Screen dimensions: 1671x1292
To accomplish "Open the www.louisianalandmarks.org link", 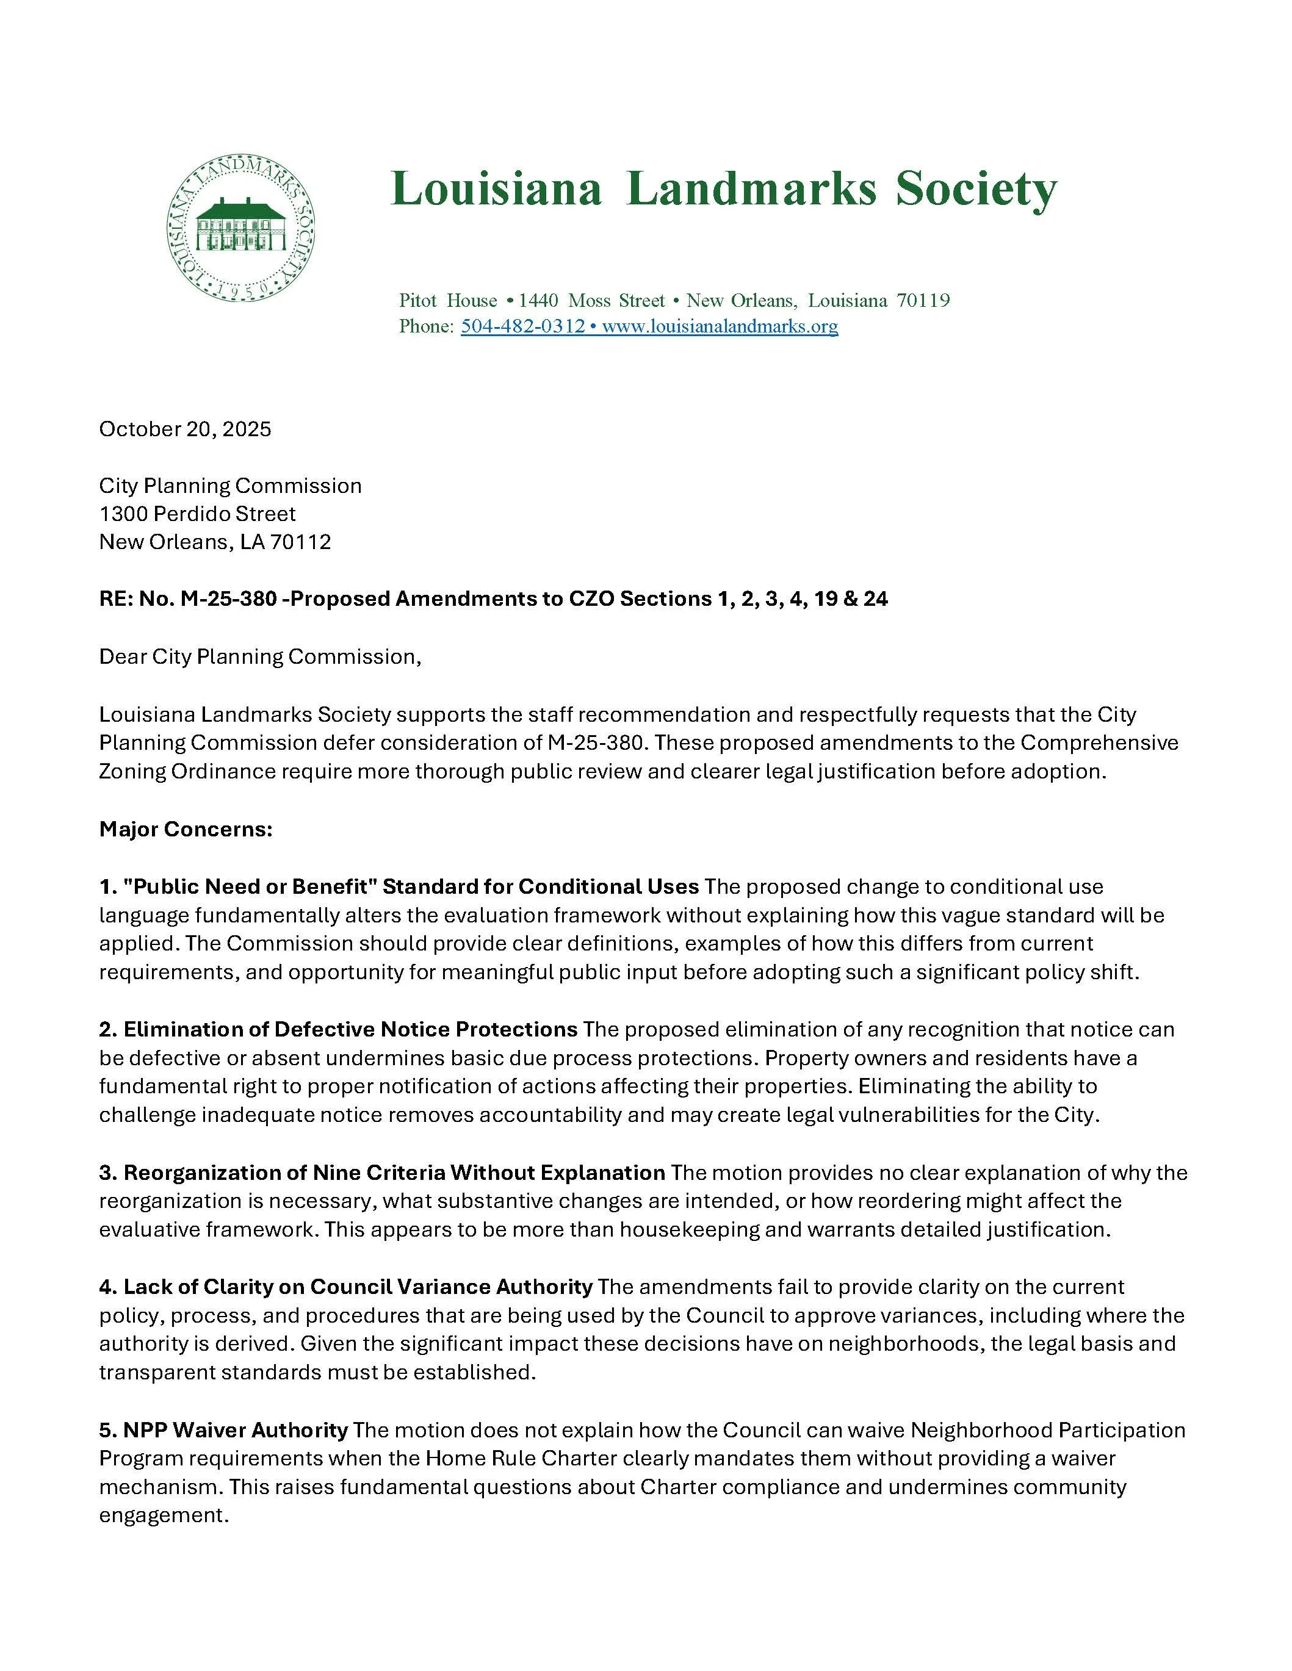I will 720,327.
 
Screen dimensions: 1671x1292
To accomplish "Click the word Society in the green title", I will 976,189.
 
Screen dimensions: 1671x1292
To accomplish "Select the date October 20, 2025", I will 186,429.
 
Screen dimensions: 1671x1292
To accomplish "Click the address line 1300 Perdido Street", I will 198,514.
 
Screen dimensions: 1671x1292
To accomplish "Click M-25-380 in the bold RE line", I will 228,599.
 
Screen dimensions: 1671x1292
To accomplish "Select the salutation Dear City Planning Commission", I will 259,656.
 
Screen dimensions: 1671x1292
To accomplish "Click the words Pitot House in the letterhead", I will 448,300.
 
